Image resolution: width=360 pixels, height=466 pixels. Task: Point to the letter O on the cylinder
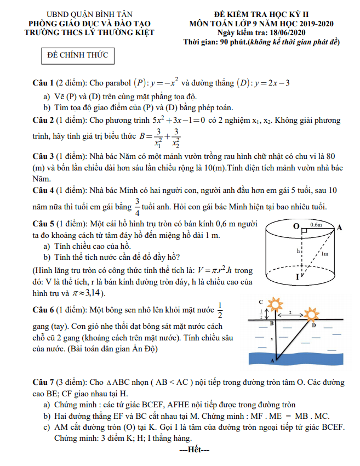(296, 226)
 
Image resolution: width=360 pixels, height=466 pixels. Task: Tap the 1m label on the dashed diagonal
(325, 253)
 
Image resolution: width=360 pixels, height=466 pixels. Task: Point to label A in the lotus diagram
(272, 361)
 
